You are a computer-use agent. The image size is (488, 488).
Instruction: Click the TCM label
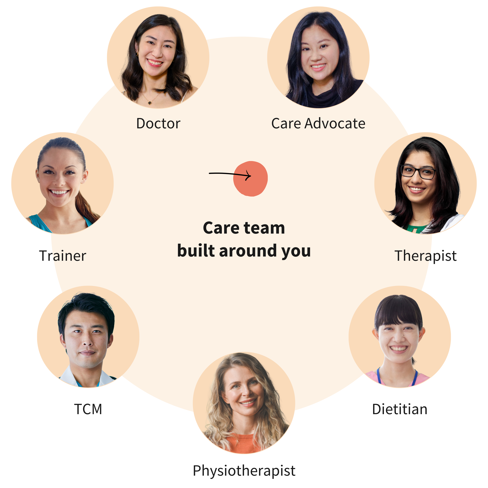pyautogui.click(x=88, y=409)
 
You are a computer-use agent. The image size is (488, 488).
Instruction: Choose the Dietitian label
pyautogui.click(x=400, y=409)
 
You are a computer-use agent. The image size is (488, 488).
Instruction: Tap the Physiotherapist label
pyautogui.click(x=244, y=470)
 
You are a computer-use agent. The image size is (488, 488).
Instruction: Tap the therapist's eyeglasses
pyautogui.click(x=418, y=172)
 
